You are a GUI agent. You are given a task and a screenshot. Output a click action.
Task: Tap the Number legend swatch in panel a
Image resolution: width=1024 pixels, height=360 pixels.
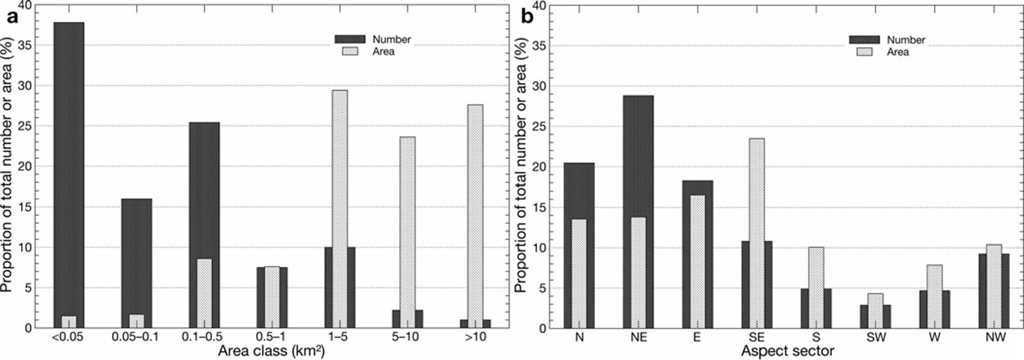(x=349, y=39)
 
